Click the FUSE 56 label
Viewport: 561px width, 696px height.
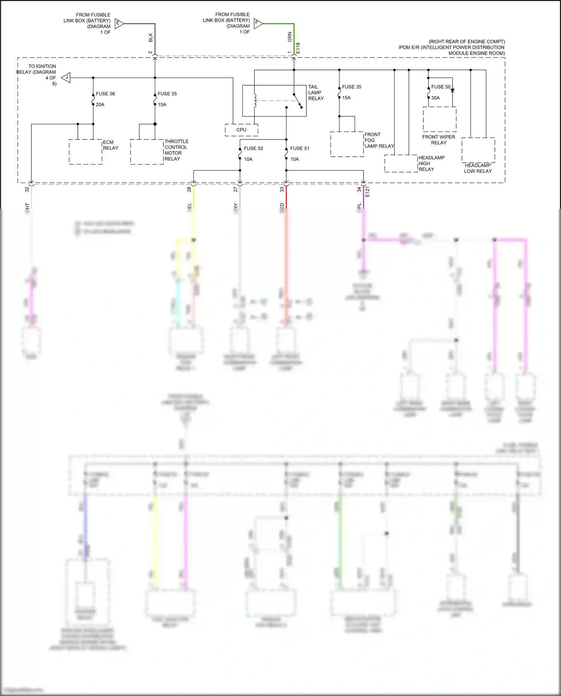105,93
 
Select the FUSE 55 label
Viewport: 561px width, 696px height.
167,93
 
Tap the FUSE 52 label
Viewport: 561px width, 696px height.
253,148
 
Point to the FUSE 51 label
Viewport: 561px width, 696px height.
300,148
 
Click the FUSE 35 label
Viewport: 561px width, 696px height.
352,87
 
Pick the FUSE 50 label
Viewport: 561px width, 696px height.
440,87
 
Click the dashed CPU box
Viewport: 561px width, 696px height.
241,130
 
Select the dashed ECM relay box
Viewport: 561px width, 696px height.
85,152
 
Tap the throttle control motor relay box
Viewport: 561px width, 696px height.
147,152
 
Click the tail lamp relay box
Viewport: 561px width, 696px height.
274,101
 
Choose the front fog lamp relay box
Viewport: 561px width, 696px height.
347,144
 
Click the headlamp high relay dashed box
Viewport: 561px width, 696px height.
401,163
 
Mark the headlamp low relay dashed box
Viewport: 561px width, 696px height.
478,150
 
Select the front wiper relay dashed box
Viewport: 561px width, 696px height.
439,119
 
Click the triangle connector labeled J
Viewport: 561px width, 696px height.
66,78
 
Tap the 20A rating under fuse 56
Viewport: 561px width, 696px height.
100,105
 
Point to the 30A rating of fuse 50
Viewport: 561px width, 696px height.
435,98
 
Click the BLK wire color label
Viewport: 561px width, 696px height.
151,37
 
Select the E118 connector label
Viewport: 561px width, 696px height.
298,47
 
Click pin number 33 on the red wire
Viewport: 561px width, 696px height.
282,190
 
